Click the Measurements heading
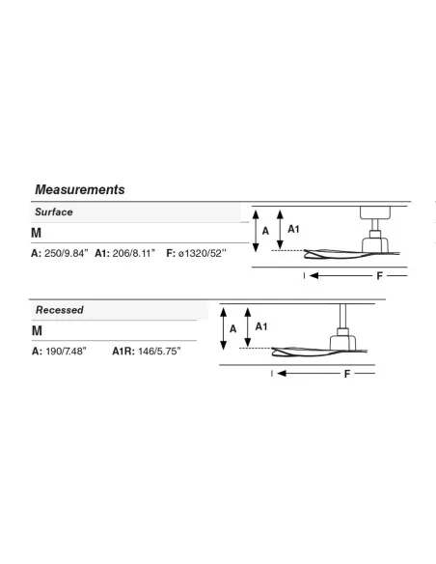click(80, 189)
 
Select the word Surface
click(54, 211)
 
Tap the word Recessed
click(60, 310)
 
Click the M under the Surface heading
click(36, 233)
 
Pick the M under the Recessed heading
click(37, 330)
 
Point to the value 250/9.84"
click(66, 253)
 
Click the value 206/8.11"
click(134, 253)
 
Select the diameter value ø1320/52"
click(203, 253)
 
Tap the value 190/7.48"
click(67, 352)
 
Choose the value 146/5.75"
click(159, 352)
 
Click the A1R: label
click(123, 352)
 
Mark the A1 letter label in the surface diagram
click(293, 229)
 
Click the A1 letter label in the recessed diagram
click(261, 326)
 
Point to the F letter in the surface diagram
click(380, 276)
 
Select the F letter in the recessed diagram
click(347, 374)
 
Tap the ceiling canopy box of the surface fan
click(375, 212)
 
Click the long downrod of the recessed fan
click(342, 316)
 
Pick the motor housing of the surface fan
click(375, 244)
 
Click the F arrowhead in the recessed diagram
click(282, 374)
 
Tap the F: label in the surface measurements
click(171, 253)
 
